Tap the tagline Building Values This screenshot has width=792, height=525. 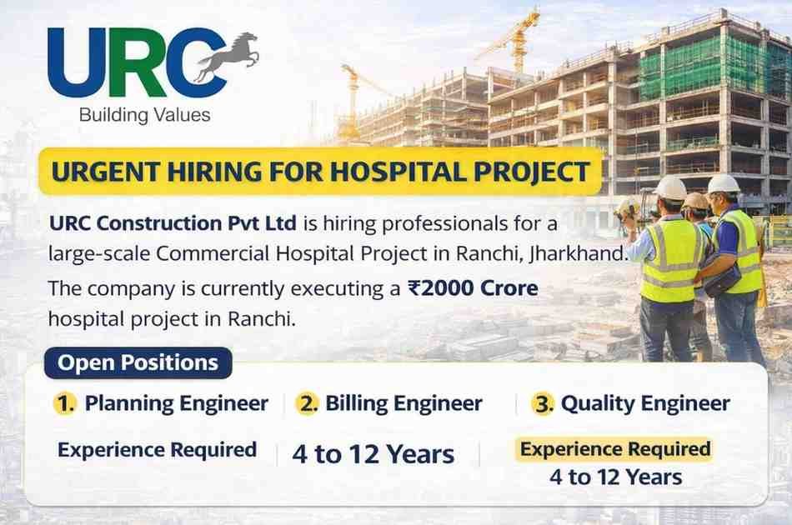point(145,115)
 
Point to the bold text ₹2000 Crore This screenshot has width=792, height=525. point(473,288)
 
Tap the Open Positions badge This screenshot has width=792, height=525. point(138,363)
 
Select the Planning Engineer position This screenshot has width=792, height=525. point(176,403)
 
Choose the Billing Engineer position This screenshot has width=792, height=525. point(404,403)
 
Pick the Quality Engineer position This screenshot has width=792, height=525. point(645,403)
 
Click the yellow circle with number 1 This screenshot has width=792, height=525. point(65,404)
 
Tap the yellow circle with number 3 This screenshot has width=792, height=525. point(543,404)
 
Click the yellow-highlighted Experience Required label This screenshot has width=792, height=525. point(615,449)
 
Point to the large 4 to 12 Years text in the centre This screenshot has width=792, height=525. point(373,454)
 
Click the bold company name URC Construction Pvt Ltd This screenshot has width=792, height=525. point(173,223)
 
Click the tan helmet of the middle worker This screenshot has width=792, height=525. point(696,201)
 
